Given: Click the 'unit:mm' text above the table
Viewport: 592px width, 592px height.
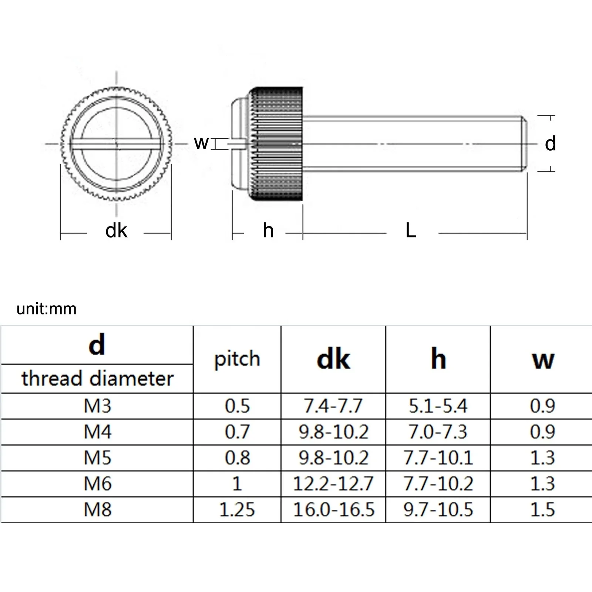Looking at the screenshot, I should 47,309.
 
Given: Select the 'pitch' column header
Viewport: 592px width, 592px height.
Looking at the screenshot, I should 237,359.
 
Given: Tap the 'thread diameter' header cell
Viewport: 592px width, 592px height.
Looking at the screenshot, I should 97,379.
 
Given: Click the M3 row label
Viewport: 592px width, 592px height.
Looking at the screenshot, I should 97,406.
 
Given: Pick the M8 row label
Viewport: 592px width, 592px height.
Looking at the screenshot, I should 97,509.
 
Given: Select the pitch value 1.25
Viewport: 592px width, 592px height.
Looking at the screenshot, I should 237,509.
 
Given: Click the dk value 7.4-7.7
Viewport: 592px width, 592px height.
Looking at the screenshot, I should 333,406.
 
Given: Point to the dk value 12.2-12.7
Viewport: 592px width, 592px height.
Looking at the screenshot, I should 333,484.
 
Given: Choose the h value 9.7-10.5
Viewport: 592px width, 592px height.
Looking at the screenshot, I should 438,509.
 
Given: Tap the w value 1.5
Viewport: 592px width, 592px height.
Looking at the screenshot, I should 542,509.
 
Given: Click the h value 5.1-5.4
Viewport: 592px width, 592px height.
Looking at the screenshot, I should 438,406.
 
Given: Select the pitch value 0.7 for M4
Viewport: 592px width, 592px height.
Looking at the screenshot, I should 237,432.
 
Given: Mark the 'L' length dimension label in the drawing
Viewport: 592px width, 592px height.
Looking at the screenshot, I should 411,231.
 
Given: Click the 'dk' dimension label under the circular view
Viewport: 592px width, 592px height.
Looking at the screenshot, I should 116,231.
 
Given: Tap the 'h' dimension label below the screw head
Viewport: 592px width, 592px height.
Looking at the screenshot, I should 268,231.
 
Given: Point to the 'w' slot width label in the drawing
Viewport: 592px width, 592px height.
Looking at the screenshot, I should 201,142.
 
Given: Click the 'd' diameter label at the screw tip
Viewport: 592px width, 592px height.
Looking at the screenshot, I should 550,144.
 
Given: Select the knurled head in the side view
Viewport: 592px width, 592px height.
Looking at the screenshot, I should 277,144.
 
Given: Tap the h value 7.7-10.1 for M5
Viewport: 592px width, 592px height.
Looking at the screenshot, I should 438,458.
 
